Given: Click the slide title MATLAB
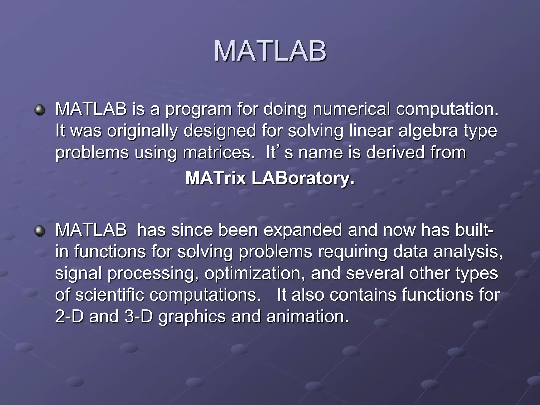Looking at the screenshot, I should pyautogui.click(x=270, y=51).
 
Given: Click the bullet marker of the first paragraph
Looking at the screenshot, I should pyautogui.click(x=40, y=110).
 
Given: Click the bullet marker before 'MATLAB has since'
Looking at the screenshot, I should pyautogui.click(x=40, y=231).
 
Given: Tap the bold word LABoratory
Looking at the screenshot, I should pyautogui.click(x=303, y=178).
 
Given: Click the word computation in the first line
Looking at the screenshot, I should pyautogui.click(x=447, y=109).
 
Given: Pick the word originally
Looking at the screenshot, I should pyautogui.click(x=142, y=131).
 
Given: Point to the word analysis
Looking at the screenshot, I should pyautogui.click(x=468, y=252).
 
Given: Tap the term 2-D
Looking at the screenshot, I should pyautogui.click(x=69, y=316).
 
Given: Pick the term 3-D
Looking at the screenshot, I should pyautogui.click(x=139, y=316).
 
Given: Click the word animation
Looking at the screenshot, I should pyautogui.click(x=307, y=316).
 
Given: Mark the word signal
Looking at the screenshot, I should pyautogui.click(x=78, y=273).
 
